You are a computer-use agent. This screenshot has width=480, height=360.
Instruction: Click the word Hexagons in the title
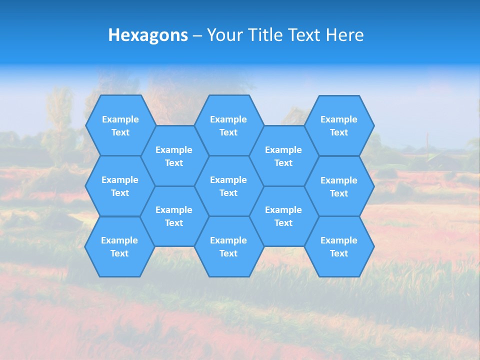click(x=148, y=35)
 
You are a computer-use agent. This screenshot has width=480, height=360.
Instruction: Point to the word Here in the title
click(x=345, y=35)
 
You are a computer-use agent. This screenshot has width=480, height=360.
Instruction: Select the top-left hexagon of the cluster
click(x=120, y=125)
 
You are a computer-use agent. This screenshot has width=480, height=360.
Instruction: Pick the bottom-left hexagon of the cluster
click(x=119, y=246)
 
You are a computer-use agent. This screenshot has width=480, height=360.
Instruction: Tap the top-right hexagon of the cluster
click(x=339, y=125)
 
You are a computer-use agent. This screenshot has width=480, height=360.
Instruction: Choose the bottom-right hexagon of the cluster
click(x=339, y=246)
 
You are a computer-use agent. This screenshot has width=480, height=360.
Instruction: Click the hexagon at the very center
click(x=228, y=186)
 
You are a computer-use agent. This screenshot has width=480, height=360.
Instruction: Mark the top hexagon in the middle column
click(x=228, y=125)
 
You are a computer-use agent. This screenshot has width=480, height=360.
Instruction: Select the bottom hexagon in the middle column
click(x=228, y=246)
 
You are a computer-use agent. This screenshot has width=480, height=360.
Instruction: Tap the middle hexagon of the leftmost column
click(x=120, y=186)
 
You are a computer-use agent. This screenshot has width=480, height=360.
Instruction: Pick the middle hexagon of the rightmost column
click(x=339, y=186)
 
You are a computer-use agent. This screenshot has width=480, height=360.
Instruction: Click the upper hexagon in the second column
click(x=174, y=156)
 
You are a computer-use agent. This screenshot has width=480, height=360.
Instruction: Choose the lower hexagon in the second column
click(x=174, y=216)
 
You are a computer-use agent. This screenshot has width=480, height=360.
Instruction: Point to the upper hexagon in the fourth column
click(x=283, y=156)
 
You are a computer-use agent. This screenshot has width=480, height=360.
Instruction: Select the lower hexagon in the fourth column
click(x=283, y=216)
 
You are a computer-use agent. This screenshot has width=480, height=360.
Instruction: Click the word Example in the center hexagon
click(x=228, y=180)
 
